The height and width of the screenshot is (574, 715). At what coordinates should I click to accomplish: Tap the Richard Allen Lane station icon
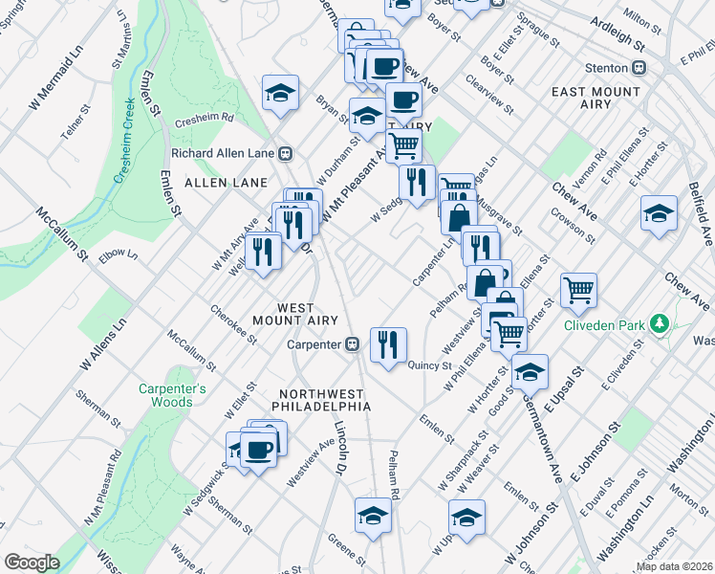coord(285,153)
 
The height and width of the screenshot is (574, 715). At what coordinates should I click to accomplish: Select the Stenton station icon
coord(639,68)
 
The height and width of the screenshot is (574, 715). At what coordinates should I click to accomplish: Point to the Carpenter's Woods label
coord(172,396)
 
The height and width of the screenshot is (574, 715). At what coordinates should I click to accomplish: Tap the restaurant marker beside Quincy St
coord(388,344)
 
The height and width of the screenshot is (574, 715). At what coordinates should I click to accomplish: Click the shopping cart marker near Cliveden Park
coord(579,289)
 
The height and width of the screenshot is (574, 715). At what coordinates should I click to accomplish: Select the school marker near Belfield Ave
coord(660,213)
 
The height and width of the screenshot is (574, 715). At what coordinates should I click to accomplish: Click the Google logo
coord(32,563)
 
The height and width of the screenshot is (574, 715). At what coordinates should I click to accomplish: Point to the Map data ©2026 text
coord(673,566)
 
